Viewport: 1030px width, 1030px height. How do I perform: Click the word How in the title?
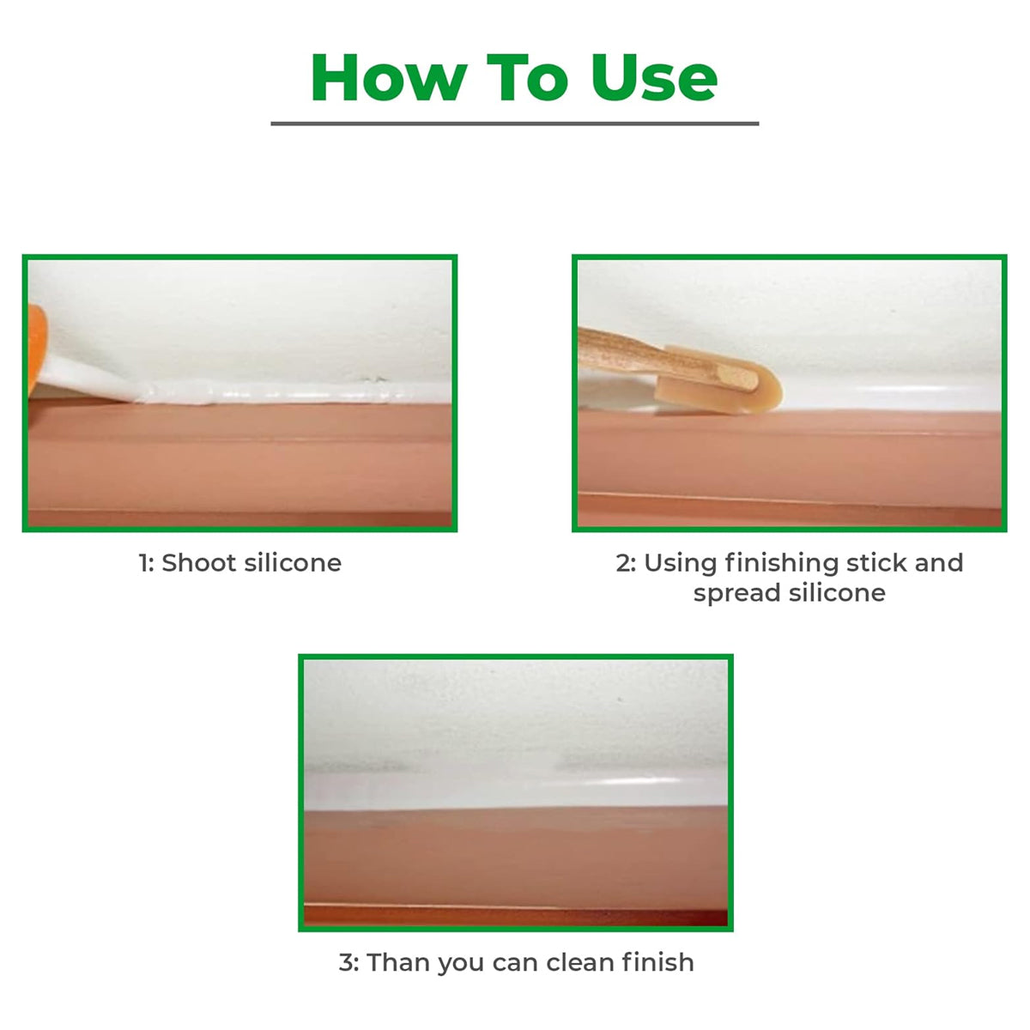click(387, 78)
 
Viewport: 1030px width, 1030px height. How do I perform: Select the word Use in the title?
click(653, 78)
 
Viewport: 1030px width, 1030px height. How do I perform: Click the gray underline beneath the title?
click(515, 124)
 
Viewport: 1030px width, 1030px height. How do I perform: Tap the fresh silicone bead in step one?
click(275, 393)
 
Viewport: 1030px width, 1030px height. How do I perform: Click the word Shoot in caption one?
click(199, 563)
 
